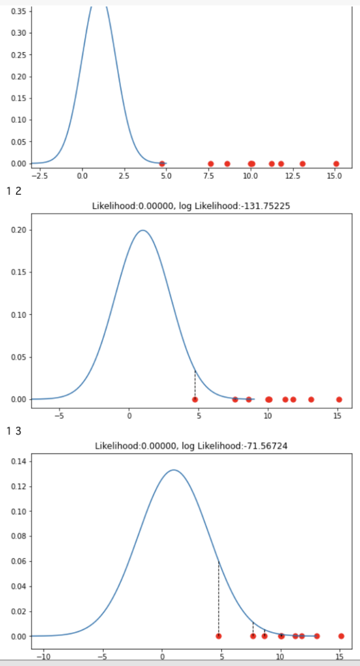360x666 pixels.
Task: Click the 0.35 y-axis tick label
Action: pos(20,11)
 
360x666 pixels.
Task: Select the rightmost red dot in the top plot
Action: pos(336,164)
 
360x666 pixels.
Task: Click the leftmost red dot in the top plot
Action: pos(162,164)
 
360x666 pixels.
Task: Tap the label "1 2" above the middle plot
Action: pos(14,192)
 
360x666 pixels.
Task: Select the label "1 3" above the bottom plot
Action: pos(14,432)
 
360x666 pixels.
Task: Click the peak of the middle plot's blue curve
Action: pos(143,230)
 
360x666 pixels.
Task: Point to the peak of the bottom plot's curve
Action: pos(174,470)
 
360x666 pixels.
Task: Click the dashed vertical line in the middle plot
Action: pos(195,384)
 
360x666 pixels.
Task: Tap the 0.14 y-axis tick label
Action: pos(20,461)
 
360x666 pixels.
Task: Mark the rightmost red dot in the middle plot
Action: pos(339,400)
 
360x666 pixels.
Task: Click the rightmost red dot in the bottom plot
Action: pos(341,636)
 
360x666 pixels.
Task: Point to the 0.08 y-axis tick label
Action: pos(20,536)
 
